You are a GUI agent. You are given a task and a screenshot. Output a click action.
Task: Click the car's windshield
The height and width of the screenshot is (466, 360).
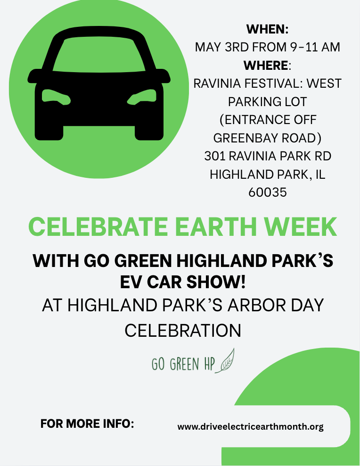pyautogui.click(x=99, y=55)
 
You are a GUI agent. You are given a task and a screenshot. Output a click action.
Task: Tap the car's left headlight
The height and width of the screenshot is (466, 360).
pyautogui.click(x=56, y=97)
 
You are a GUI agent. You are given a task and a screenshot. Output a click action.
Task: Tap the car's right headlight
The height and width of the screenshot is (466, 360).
pyautogui.click(x=142, y=97)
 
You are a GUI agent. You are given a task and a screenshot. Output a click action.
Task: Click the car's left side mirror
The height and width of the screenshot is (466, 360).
pyautogui.click(x=34, y=76)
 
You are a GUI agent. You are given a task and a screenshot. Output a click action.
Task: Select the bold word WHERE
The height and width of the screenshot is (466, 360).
pyautogui.click(x=266, y=66)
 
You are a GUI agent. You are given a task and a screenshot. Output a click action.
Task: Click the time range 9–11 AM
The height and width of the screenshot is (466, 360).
pyautogui.click(x=315, y=47)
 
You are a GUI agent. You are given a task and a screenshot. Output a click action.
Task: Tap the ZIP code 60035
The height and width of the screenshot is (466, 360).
pyautogui.click(x=267, y=192)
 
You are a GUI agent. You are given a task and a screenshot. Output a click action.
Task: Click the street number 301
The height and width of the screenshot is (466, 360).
pyautogui.click(x=215, y=156)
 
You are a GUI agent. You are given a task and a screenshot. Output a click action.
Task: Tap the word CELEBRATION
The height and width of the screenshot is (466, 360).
pyautogui.click(x=183, y=331)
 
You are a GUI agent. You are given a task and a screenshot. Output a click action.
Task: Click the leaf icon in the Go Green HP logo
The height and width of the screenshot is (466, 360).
pyautogui.click(x=225, y=360)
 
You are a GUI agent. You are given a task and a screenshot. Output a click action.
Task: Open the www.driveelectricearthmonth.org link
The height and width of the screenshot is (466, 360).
pyautogui.click(x=250, y=427)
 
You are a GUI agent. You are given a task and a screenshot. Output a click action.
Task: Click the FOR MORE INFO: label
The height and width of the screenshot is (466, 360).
pyautogui.click(x=87, y=424)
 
